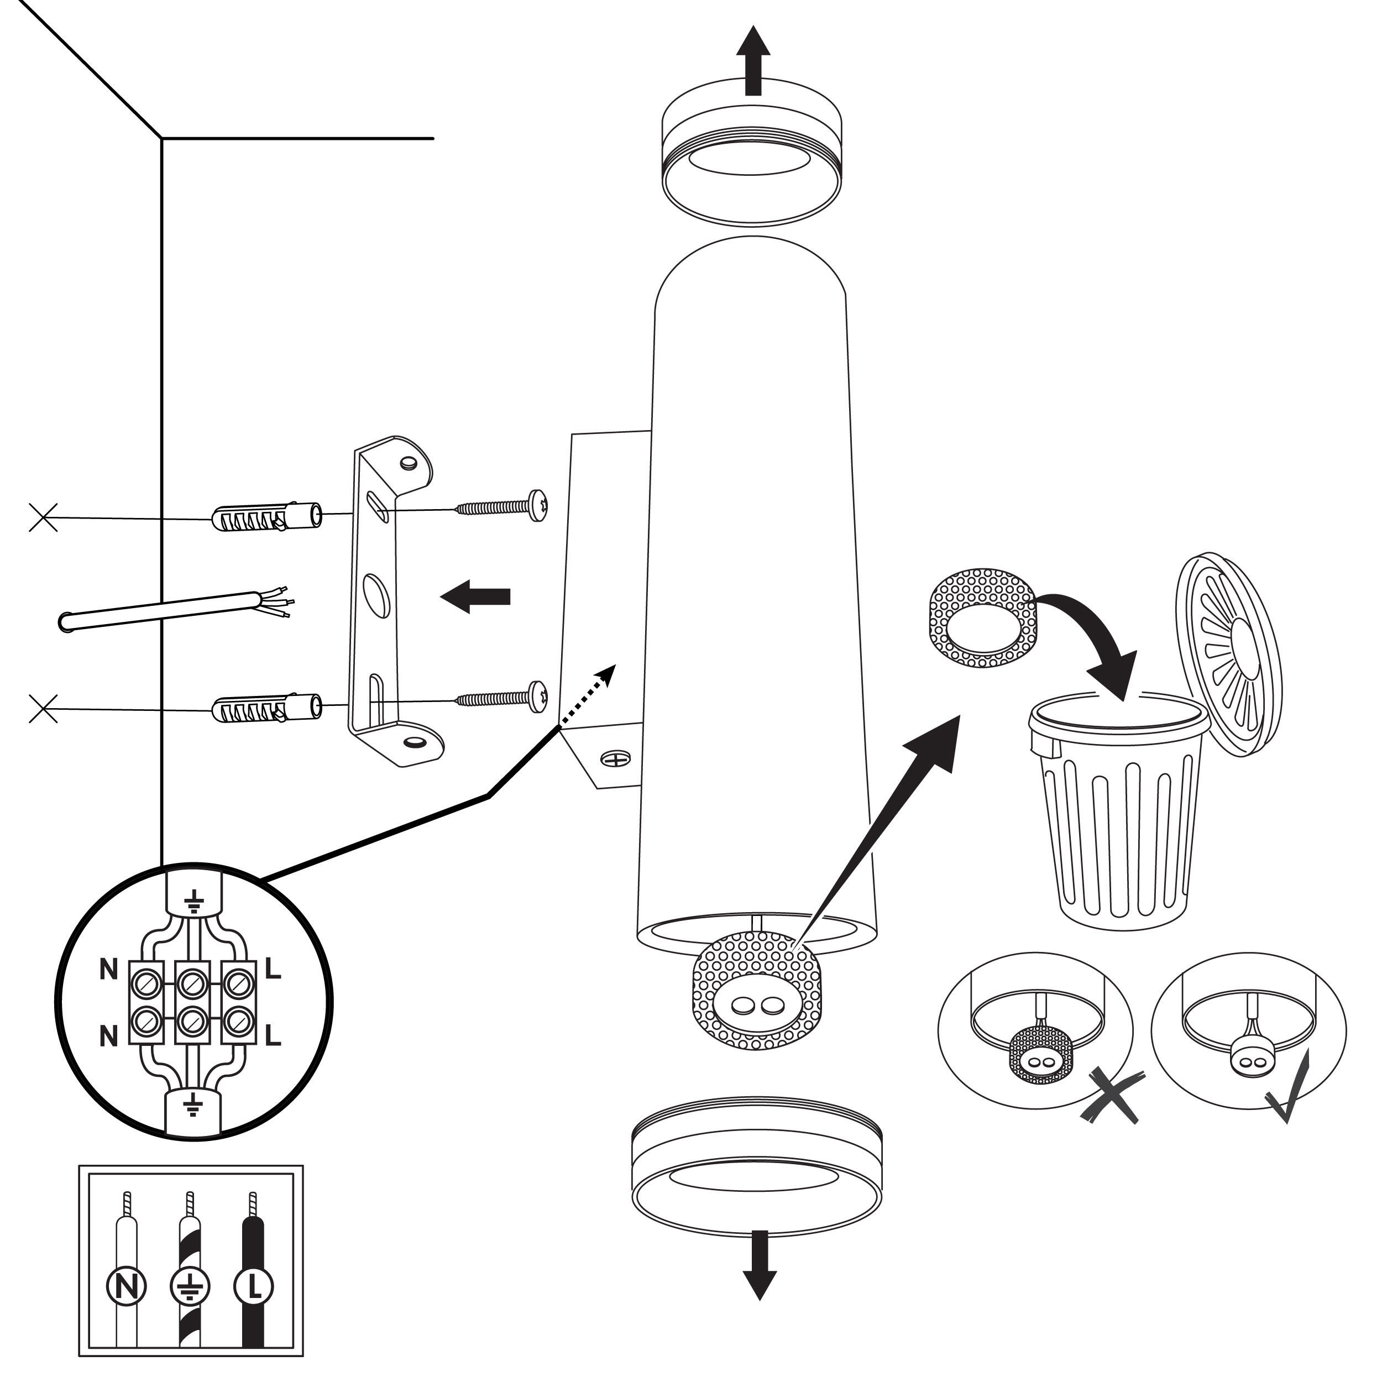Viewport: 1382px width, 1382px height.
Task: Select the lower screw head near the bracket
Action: tap(538, 697)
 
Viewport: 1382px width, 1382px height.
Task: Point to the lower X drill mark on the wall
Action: tap(43, 709)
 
